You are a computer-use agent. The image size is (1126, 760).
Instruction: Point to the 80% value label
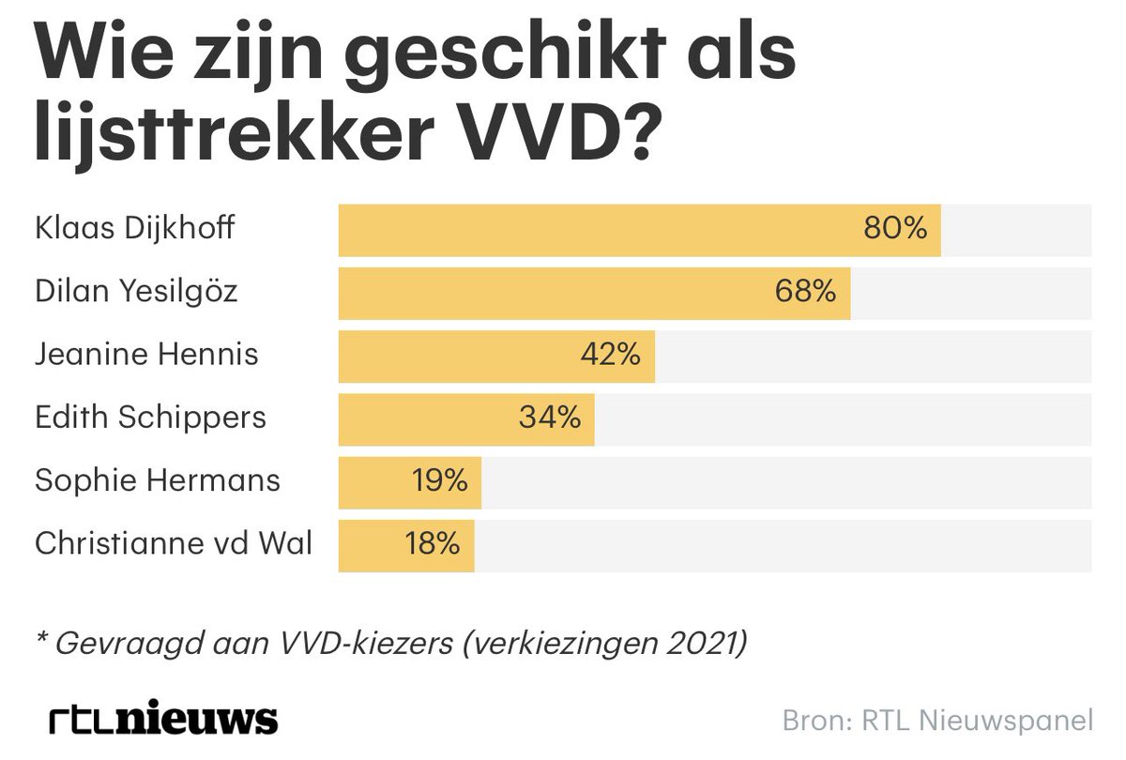[895, 229]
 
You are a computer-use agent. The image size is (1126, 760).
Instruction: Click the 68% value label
[805, 292]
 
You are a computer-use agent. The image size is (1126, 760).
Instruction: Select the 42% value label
[610, 355]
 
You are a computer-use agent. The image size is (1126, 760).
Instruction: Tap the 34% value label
[550, 418]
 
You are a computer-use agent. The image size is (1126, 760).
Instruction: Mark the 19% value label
[439, 481]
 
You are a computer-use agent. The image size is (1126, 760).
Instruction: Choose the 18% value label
[433, 544]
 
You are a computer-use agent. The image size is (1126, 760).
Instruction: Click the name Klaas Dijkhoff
[134, 229]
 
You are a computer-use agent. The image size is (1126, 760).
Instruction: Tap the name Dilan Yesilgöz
[136, 292]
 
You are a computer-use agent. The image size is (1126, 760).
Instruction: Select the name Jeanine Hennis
[146, 355]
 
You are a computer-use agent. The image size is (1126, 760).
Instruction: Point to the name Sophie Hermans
[158, 481]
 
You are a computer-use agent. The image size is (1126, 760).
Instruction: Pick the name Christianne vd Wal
[174, 544]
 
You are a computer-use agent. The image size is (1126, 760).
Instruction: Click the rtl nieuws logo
[163, 720]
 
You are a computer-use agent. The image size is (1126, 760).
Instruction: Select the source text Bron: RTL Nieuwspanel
[937, 721]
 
